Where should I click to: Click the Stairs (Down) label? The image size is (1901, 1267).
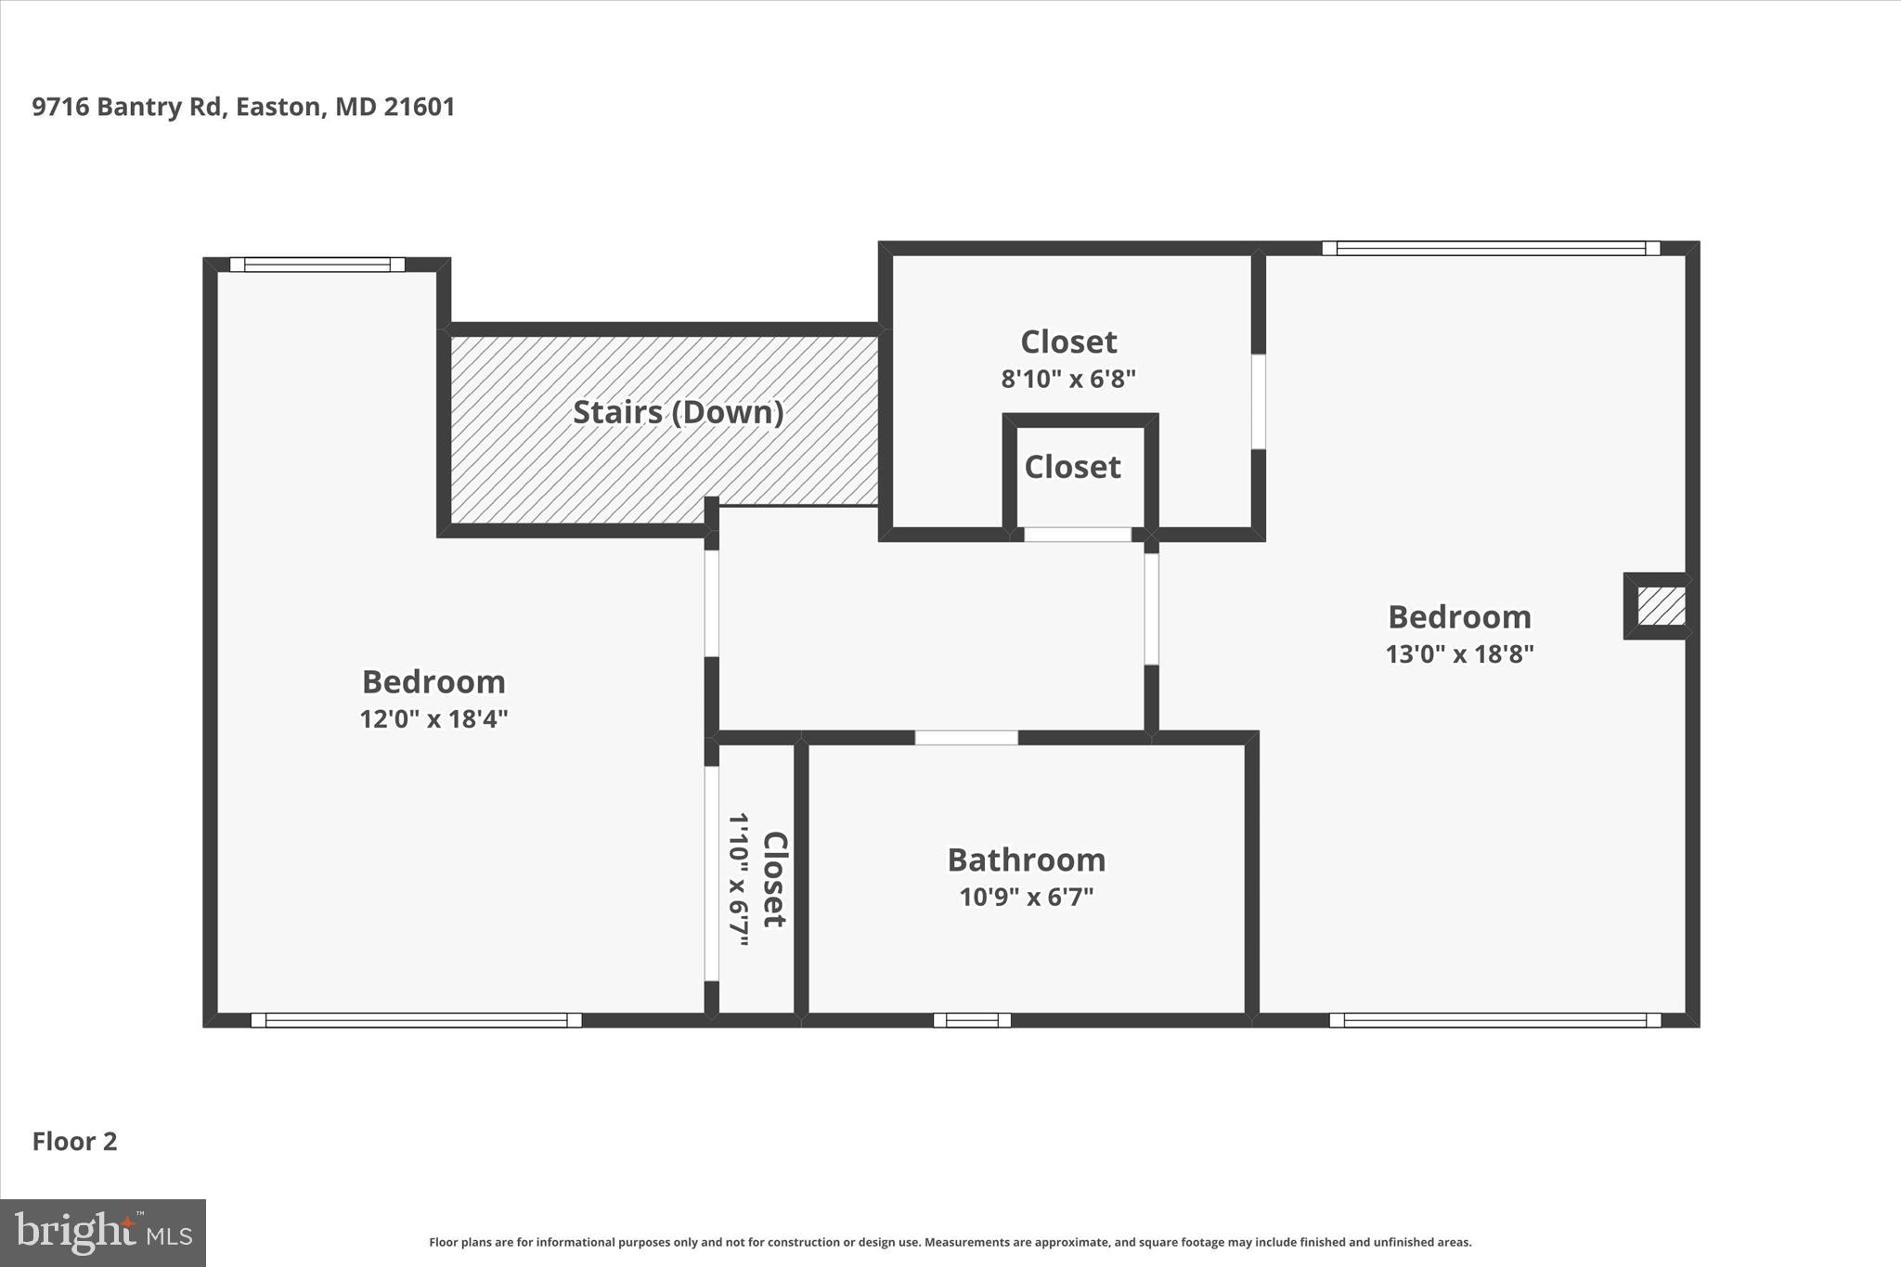[x=678, y=412]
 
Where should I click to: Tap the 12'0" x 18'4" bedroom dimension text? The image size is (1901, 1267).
[x=433, y=719]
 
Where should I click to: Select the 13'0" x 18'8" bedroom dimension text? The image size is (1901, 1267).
[x=1459, y=654]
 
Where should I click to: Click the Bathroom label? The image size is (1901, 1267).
[x=1026, y=860]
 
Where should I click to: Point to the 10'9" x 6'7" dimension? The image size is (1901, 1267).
[x=1026, y=898]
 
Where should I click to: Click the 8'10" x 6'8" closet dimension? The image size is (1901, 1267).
[x=1067, y=379]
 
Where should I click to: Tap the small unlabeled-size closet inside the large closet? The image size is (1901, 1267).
[x=1073, y=467]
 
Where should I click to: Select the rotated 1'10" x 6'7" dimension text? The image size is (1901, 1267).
[x=738, y=879]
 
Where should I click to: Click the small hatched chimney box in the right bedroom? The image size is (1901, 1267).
[x=1661, y=606]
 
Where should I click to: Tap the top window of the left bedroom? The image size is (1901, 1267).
[x=317, y=265]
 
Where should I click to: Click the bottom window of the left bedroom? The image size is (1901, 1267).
[x=416, y=1020]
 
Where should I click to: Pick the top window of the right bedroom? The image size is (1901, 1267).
[x=1490, y=248]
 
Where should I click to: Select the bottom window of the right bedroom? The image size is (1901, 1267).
[x=1494, y=1020]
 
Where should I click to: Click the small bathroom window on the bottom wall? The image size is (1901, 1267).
[x=972, y=1020]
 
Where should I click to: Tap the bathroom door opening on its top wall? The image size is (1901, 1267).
[x=966, y=738]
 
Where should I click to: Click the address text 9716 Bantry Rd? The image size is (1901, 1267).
[x=243, y=107]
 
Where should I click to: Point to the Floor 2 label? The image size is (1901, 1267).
[x=74, y=1142]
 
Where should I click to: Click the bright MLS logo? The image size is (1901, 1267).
[x=102, y=1233]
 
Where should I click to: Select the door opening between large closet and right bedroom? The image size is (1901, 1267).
[x=1258, y=401]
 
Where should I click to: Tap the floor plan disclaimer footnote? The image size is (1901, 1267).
[x=950, y=1242]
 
